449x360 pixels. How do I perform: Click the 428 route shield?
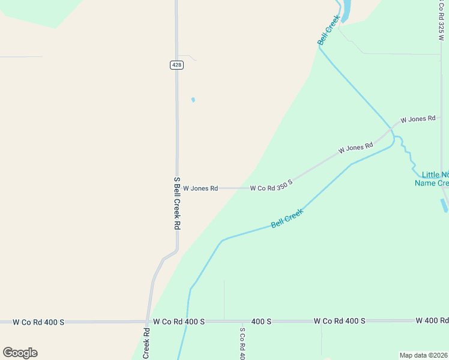(176, 65)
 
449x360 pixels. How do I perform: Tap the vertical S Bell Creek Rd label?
(176, 203)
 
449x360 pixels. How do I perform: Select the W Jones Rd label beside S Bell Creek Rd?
(200, 188)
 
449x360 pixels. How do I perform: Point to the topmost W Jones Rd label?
(417, 119)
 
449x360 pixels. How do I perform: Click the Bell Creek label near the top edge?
(328, 30)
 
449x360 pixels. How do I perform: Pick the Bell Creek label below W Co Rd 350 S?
(288, 218)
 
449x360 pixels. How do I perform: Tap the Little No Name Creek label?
(432, 179)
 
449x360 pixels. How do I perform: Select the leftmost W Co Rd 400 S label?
(38, 322)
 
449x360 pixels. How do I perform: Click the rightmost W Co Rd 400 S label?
(339, 321)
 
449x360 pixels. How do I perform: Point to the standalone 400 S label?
(261, 322)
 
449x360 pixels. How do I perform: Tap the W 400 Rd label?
(432, 321)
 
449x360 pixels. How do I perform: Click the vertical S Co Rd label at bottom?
(243, 344)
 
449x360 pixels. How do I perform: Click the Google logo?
(20, 353)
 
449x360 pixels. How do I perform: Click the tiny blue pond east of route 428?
(193, 100)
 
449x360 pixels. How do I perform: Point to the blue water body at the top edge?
(346, 10)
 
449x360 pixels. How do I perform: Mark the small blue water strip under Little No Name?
(444, 205)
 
